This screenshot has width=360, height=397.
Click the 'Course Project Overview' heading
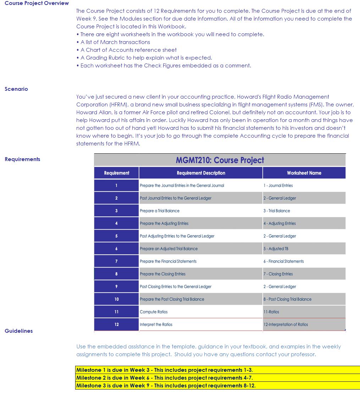[x=37, y=3]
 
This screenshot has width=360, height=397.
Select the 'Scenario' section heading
[x=16, y=89]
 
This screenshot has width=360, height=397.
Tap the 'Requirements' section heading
[x=22, y=159]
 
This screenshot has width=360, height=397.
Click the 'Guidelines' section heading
[x=19, y=331]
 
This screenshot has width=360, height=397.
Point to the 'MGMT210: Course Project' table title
[x=220, y=160]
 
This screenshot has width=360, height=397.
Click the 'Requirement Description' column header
[x=201, y=173]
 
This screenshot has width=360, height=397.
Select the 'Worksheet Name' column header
[x=304, y=173]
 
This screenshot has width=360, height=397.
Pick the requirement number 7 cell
[x=116, y=261]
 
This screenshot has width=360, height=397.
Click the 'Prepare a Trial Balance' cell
[x=160, y=211]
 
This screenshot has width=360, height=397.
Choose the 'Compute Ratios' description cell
[x=154, y=312]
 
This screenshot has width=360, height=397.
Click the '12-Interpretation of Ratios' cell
[x=286, y=325]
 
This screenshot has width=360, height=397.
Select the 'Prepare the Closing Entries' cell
[x=162, y=274]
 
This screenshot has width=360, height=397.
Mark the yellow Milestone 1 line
[x=165, y=370]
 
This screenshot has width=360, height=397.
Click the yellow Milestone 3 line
[x=166, y=386]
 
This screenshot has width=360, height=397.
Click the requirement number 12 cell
[x=116, y=325]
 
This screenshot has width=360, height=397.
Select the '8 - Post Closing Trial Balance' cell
[x=287, y=299]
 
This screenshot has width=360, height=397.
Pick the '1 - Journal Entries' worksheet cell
[x=278, y=186]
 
